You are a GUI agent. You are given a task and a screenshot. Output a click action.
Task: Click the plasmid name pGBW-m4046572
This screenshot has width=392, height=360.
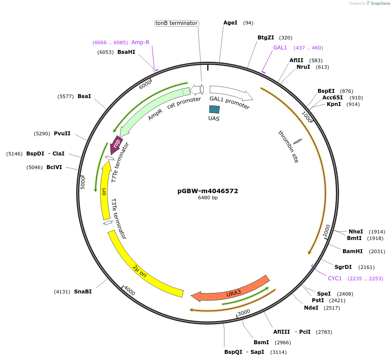(x=208, y=191)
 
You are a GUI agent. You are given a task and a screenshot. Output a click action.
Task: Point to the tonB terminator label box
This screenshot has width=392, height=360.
(x=177, y=23)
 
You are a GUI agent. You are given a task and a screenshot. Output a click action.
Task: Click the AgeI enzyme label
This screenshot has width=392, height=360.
(x=230, y=23)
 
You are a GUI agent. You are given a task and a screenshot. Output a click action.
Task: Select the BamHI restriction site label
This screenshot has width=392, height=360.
(x=353, y=251)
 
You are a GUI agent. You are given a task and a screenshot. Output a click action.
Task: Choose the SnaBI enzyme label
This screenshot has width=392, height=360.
(x=83, y=291)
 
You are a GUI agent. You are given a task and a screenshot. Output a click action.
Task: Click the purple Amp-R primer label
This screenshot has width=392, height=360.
(x=140, y=42)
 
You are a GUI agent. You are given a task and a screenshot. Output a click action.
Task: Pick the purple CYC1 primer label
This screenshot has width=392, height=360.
(x=335, y=278)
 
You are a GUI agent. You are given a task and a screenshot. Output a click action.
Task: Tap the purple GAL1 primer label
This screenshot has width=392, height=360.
(x=280, y=48)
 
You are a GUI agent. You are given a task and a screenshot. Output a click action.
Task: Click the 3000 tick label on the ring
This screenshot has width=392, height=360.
(x=244, y=311)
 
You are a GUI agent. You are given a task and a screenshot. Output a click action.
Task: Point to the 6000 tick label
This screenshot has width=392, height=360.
(x=145, y=85)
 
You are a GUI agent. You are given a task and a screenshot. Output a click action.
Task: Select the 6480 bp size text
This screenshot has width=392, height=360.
(x=208, y=198)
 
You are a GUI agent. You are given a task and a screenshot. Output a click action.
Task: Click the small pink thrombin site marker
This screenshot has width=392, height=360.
(x=297, y=141)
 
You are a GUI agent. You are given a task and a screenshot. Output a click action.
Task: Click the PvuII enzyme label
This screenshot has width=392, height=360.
(x=62, y=134)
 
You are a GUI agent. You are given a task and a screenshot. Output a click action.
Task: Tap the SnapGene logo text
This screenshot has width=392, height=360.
(x=379, y=4)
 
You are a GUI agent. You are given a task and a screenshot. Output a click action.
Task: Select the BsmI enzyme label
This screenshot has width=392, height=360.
(x=261, y=342)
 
